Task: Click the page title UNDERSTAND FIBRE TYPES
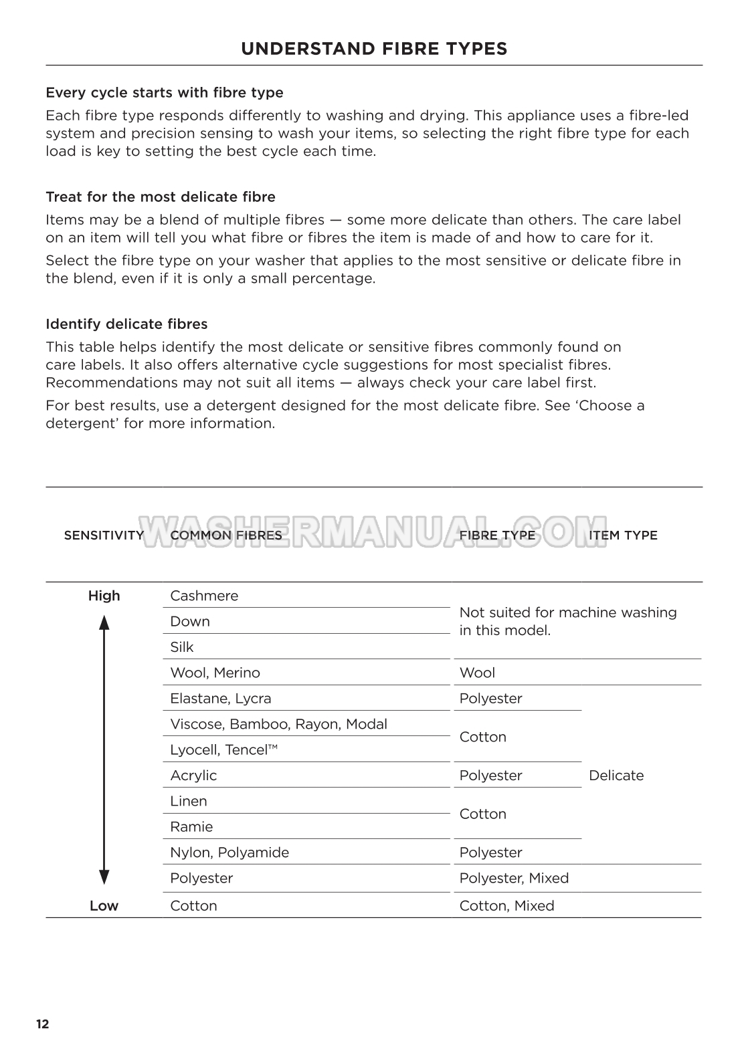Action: click(x=374, y=49)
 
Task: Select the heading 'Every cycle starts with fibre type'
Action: click(x=165, y=92)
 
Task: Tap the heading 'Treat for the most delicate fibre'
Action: click(x=161, y=197)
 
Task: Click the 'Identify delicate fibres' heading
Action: click(x=126, y=324)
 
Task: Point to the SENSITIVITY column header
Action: click(x=104, y=535)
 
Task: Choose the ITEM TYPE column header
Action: click(x=623, y=535)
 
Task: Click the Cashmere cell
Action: click(x=204, y=596)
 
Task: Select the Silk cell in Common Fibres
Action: click(x=182, y=647)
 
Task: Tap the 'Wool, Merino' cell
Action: click(x=215, y=673)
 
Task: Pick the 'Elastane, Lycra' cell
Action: click(x=221, y=699)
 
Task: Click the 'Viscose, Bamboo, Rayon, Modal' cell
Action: click(x=278, y=724)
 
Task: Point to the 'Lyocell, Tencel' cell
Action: click(x=223, y=750)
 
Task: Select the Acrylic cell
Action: click(x=193, y=776)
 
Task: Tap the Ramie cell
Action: click(x=191, y=827)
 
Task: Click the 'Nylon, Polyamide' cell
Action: click(x=229, y=852)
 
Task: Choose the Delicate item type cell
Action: click(x=616, y=776)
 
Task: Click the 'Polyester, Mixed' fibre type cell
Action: click(x=514, y=878)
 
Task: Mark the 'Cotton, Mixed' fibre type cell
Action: click(x=506, y=906)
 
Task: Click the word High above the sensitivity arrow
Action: click(x=104, y=596)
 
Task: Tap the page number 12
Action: click(x=43, y=1024)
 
